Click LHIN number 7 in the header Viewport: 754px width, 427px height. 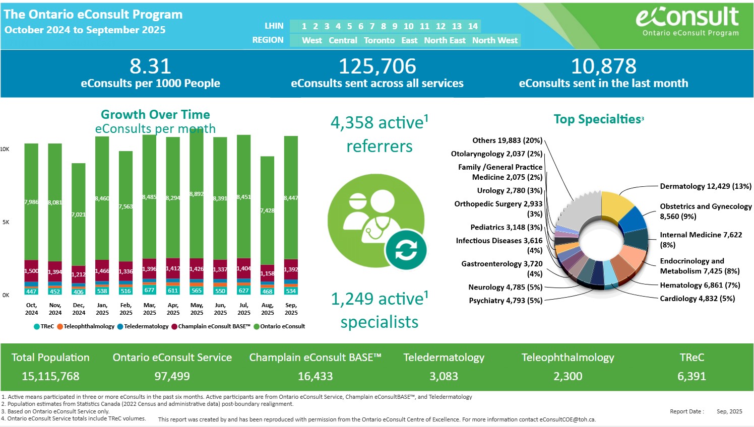[372, 26]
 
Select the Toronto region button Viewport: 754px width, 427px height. [379, 40]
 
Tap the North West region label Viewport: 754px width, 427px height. [494, 40]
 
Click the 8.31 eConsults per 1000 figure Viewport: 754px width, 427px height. [150, 66]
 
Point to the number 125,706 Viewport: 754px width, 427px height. [377, 66]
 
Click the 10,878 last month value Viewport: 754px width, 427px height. [603, 66]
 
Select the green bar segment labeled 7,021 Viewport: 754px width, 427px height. [78, 215]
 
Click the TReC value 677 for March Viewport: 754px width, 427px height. [149, 290]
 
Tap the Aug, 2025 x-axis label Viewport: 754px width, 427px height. [268, 309]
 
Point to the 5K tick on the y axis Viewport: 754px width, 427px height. [6, 222]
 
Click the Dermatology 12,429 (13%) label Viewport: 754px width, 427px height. [705, 186]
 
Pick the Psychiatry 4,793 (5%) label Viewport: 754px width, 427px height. [506, 301]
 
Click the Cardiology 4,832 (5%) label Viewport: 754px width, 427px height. [697, 299]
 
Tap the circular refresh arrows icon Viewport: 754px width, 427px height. [406, 250]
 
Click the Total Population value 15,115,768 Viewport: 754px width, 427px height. [50, 376]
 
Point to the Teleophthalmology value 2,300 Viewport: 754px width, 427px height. [568, 376]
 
